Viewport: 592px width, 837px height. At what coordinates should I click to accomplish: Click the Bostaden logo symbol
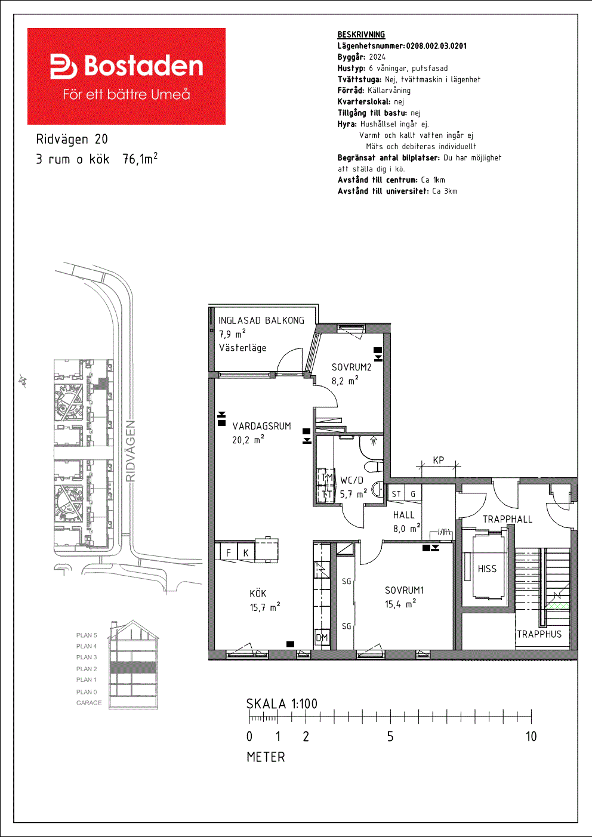[x=63, y=66]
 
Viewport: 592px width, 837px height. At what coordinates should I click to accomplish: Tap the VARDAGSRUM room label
[x=261, y=426]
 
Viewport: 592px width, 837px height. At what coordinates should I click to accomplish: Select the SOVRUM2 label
[x=351, y=367]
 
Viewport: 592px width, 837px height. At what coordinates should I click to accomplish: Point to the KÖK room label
[x=258, y=594]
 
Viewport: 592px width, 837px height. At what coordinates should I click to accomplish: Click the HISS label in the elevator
[x=487, y=569]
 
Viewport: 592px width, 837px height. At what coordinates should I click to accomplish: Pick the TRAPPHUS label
[x=539, y=634]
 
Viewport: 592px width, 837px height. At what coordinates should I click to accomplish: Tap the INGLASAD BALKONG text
[x=261, y=320]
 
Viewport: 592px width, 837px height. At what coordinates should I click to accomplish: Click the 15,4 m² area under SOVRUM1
[x=400, y=604]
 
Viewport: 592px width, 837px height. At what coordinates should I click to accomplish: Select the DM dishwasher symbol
[x=322, y=638]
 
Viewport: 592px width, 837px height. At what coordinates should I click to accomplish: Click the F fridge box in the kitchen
[x=229, y=552]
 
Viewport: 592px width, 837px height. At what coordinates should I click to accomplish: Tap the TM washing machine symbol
[x=327, y=477]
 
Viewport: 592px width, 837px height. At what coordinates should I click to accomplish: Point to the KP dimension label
[x=439, y=460]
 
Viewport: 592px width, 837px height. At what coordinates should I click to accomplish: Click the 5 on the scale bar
[x=390, y=737]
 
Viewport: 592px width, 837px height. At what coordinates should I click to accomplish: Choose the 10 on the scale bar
[x=531, y=737]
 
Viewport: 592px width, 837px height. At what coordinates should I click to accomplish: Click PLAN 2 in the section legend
[x=87, y=669]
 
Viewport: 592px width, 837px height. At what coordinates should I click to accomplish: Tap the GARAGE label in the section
[x=89, y=703]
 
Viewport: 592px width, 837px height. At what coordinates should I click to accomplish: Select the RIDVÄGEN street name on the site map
[x=131, y=451]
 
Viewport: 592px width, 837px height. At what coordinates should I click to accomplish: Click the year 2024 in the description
[x=377, y=57]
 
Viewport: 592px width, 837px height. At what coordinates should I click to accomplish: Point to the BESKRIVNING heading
[x=361, y=35]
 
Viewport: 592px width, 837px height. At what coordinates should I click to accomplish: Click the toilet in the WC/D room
[x=374, y=467]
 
